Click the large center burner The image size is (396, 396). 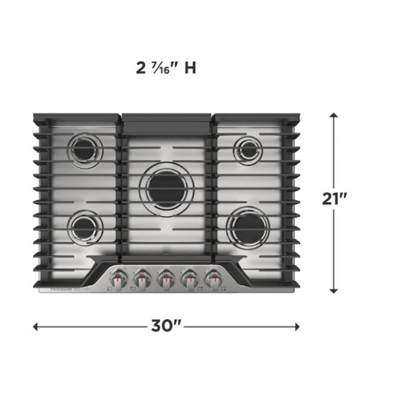tap(167, 189)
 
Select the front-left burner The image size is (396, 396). tap(84, 228)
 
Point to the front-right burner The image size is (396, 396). tap(248, 228)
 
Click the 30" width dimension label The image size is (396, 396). tap(166, 326)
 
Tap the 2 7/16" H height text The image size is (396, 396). tap(166, 68)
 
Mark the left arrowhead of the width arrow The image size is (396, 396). tap(36, 326)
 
